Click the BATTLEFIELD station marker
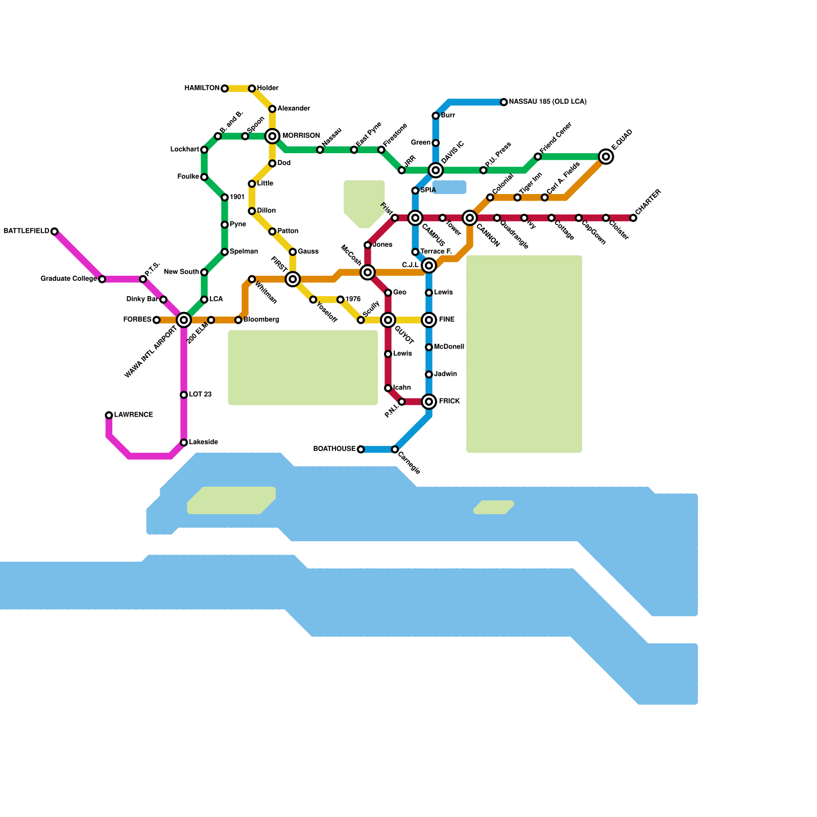click(54, 231)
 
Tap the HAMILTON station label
click(202, 88)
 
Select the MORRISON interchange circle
click(272, 136)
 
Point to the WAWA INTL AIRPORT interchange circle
click(184, 320)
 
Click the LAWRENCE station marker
click(109, 415)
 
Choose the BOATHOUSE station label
click(334, 449)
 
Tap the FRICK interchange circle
click(429, 402)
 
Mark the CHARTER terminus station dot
click(633, 218)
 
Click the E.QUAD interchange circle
click(606, 157)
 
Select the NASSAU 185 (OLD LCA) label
click(547, 102)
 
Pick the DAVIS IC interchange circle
click(436, 170)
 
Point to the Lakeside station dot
click(184, 443)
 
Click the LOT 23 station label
click(200, 395)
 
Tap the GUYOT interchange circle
click(388, 320)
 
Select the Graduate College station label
click(68, 279)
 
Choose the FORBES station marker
click(157, 320)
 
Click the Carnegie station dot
click(395, 449)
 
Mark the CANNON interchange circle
click(470, 218)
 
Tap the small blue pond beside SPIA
click(449, 187)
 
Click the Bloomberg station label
click(261, 320)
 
